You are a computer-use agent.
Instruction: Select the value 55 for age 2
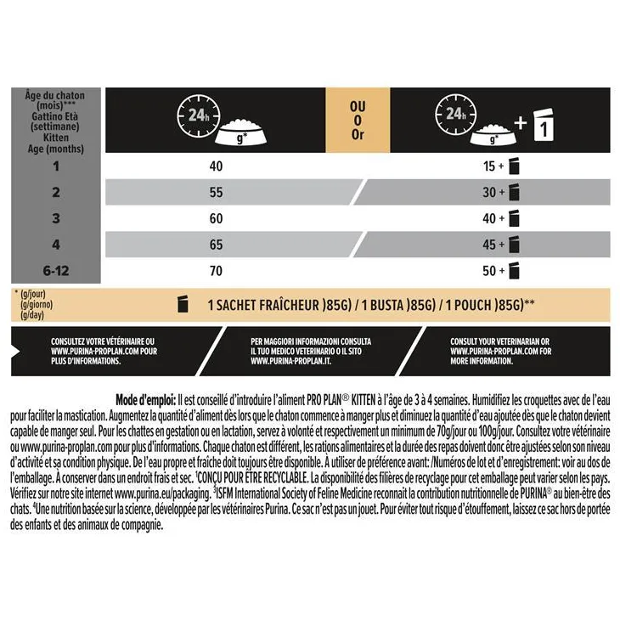pos(216,193)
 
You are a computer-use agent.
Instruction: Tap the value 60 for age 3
pos(216,219)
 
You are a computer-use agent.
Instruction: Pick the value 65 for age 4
pos(216,245)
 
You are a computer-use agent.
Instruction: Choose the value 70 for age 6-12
pos(216,272)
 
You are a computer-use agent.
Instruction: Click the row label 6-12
pos(56,272)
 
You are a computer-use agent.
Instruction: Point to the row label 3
pos(56,219)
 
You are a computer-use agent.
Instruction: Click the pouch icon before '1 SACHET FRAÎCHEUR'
pos(181,304)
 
